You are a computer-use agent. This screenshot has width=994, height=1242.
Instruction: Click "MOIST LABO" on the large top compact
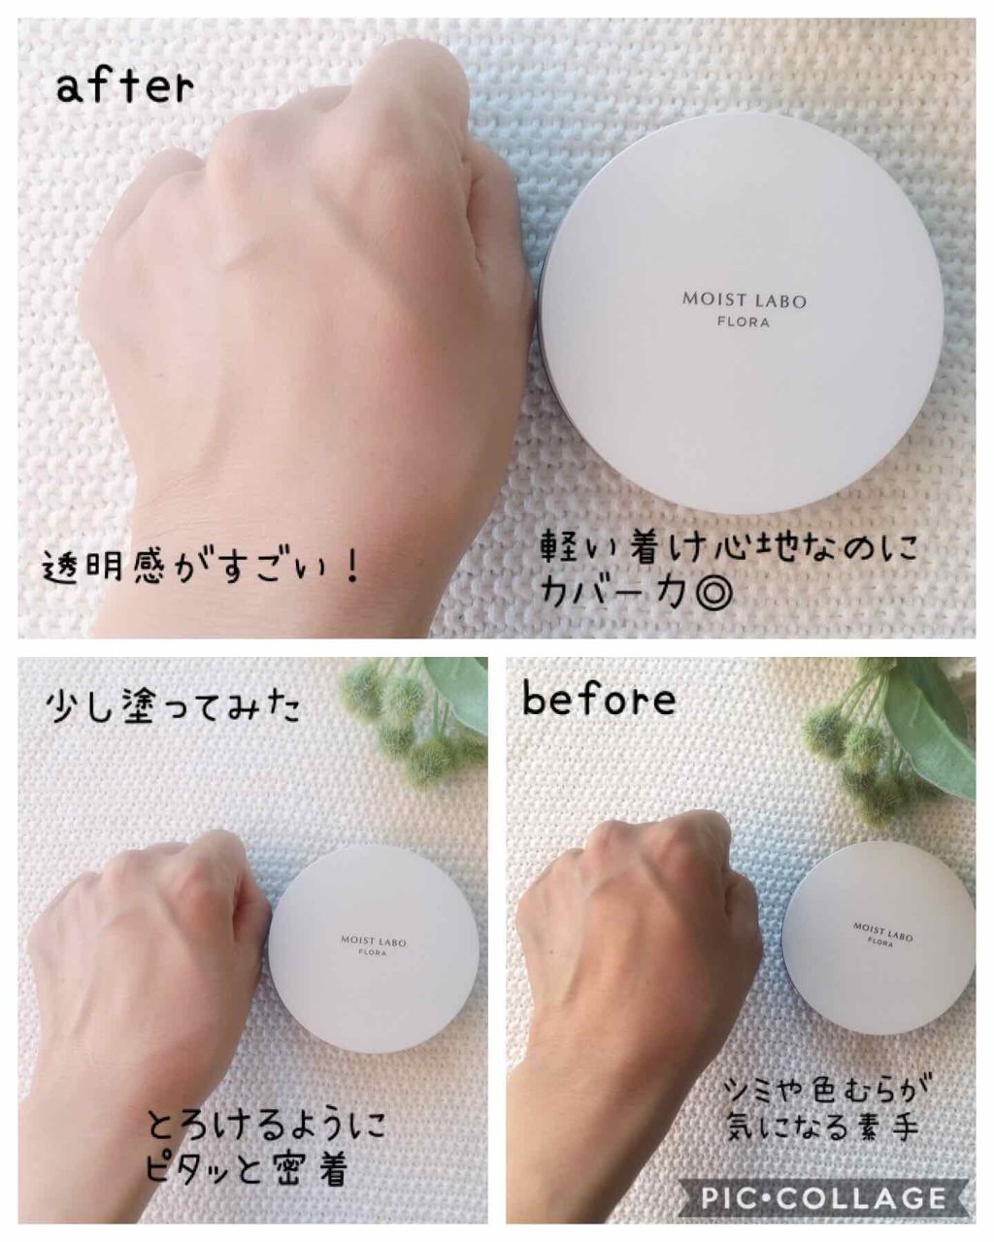point(744,301)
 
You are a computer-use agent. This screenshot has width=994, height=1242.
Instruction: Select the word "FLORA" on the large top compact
point(744,322)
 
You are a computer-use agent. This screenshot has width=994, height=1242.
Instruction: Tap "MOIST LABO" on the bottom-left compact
point(373,941)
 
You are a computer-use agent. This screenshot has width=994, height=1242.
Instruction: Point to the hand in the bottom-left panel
point(145,993)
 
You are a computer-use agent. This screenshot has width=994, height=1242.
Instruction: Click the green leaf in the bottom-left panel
point(456,693)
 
